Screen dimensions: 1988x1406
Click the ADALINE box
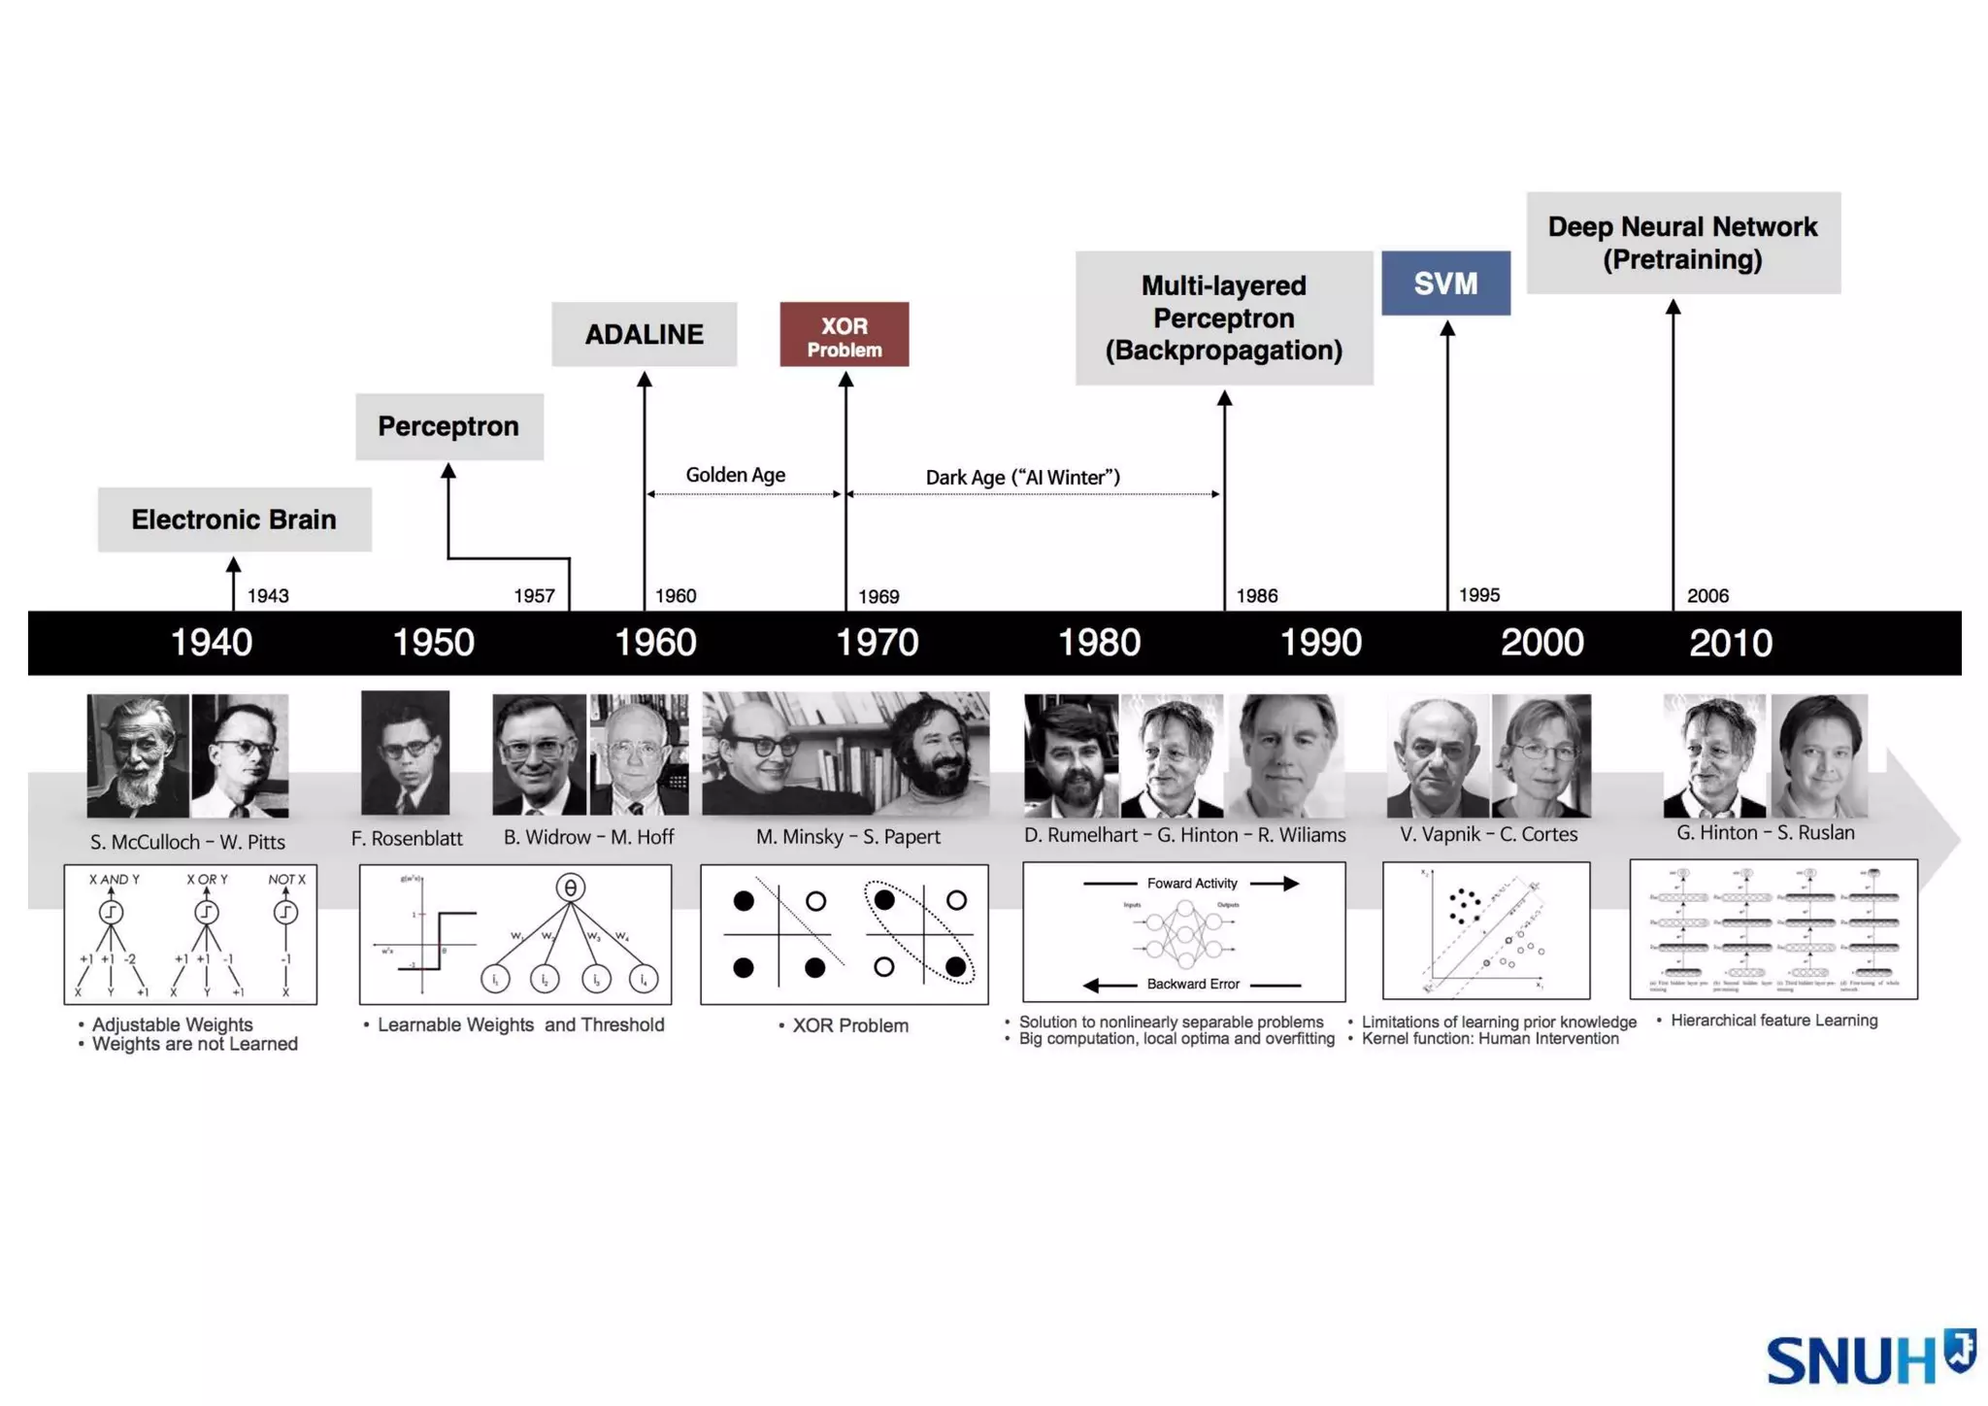point(644,334)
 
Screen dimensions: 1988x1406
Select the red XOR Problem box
point(845,335)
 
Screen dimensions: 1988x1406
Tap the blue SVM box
point(1445,284)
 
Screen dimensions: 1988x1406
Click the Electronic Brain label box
point(234,519)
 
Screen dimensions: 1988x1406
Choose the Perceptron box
point(448,426)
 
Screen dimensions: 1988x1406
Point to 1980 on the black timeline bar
point(1099,643)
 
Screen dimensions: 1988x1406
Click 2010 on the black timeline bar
point(1731,643)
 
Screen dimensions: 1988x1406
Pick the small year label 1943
point(268,596)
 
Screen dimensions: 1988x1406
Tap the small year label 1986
point(1257,596)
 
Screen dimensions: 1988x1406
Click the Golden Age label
point(736,475)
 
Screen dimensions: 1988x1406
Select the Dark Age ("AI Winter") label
point(1023,478)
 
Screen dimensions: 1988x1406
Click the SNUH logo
point(1869,1358)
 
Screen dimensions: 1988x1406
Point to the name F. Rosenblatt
point(407,838)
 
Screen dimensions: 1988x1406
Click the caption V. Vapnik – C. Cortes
point(1488,834)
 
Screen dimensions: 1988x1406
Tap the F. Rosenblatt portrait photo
point(405,753)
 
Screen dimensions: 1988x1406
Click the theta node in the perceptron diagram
point(571,887)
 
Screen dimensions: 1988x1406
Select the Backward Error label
point(1193,984)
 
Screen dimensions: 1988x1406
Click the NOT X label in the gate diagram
point(286,880)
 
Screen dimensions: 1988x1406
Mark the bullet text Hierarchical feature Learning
point(1773,1021)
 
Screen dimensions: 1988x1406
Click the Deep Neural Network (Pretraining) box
point(1682,243)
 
